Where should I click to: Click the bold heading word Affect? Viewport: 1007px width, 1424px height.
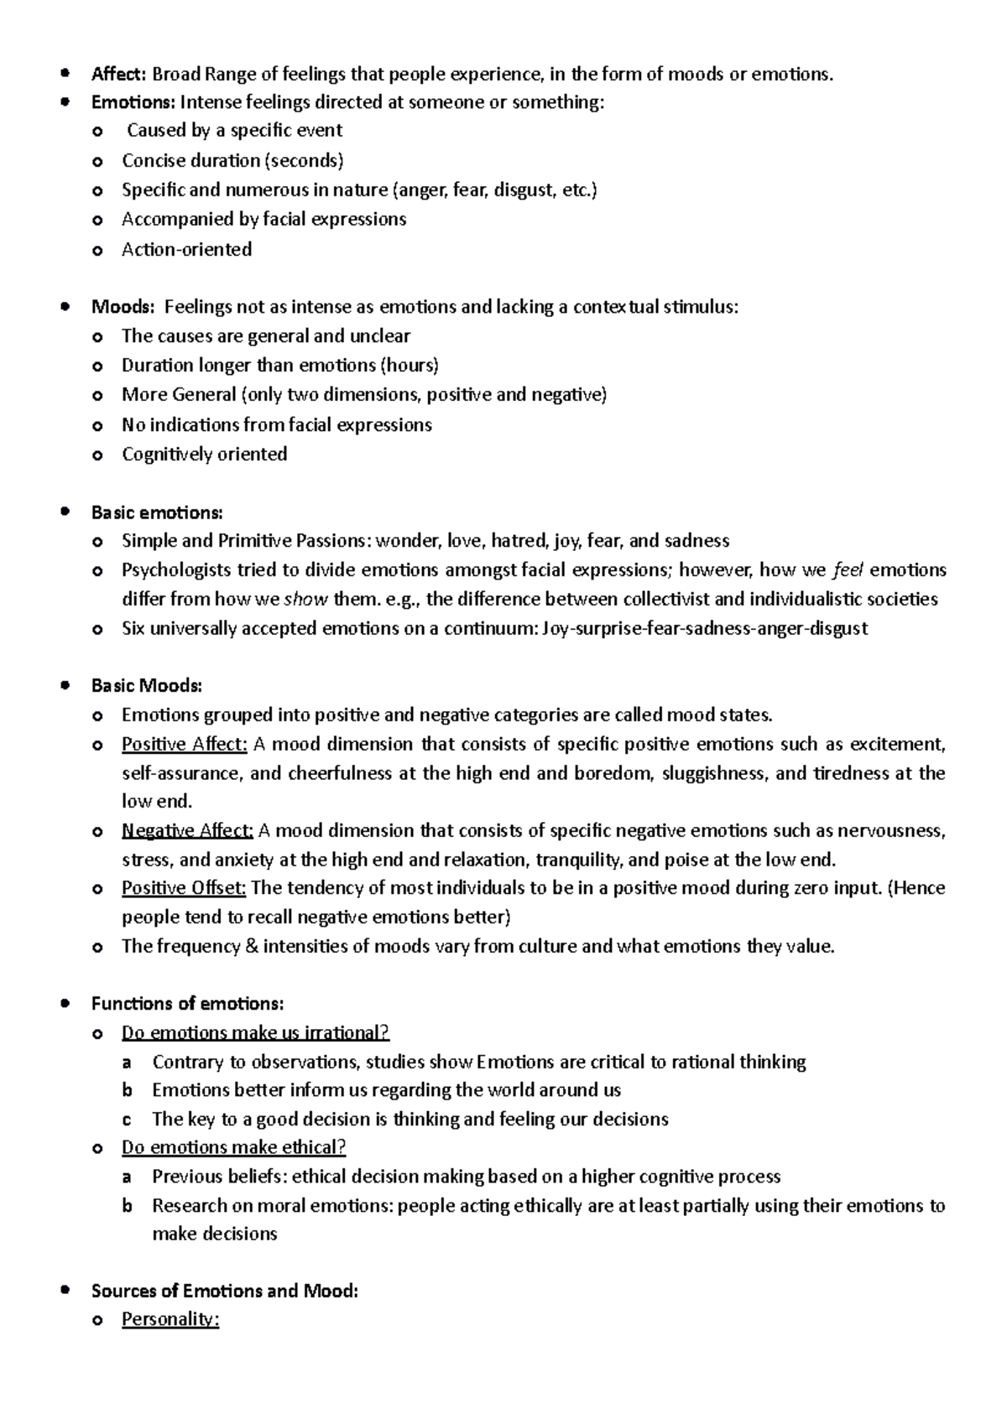click(x=118, y=74)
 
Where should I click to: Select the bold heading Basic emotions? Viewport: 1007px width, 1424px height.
click(x=157, y=512)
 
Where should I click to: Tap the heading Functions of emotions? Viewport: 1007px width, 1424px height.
click(x=187, y=1003)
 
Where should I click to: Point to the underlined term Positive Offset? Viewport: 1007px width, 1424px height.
click(x=184, y=887)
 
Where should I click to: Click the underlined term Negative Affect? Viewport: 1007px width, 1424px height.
click(x=187, y=830)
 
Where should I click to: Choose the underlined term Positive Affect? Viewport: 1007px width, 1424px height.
click(x=185, y=744)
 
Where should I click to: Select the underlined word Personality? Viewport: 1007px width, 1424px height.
click(x=170, y=1318)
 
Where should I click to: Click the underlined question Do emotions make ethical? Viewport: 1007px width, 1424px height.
click(x=233, y=1146)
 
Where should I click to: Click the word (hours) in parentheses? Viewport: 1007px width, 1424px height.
click(x=410, y=365)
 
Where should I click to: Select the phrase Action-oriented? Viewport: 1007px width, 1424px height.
click(x=186, y=249)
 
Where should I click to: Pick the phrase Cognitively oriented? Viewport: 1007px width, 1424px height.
click(x=204, y=454)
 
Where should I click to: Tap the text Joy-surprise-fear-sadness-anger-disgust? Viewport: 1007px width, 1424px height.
click(x=705, y=627)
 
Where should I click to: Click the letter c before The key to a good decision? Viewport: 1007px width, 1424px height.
click(x=127, y=1119)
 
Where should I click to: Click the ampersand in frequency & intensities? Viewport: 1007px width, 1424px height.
click(x=251, y=946)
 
